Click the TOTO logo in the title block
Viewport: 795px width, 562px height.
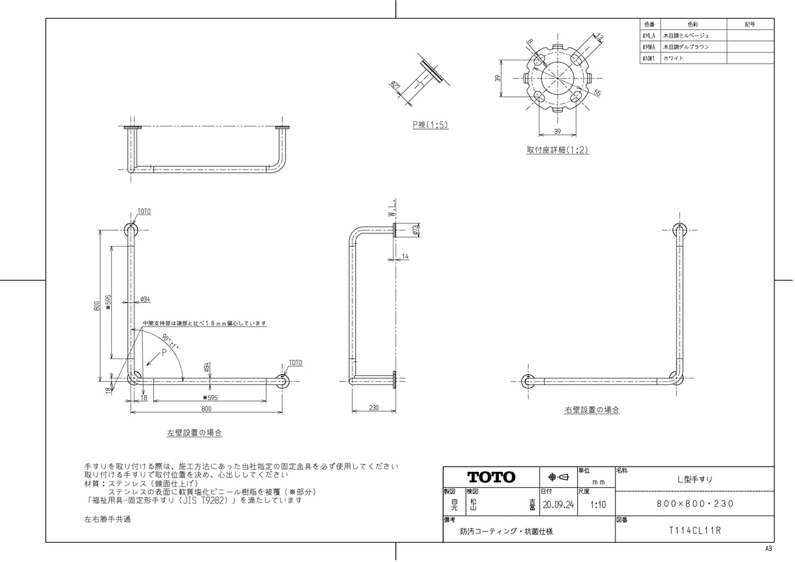tap(491, 477)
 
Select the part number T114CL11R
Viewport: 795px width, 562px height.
tap(694, 531)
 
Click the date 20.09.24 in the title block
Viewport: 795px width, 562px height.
tap(558, 504)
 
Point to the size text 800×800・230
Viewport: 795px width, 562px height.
tap(694, 504)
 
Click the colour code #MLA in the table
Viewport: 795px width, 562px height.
tap(649, 35)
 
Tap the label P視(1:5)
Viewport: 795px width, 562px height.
tap(430, 125)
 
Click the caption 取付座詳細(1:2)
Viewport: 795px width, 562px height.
tap(557, 150)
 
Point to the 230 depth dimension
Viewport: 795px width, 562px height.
tap(374, 408)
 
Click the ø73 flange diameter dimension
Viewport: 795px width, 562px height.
tap(415, 230)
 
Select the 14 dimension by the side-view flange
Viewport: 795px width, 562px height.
tap(405, 256)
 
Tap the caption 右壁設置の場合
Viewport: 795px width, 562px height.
tap(592, 410)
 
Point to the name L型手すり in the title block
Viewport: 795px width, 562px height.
tap(694, 478)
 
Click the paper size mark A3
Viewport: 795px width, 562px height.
tap(768, 549)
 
